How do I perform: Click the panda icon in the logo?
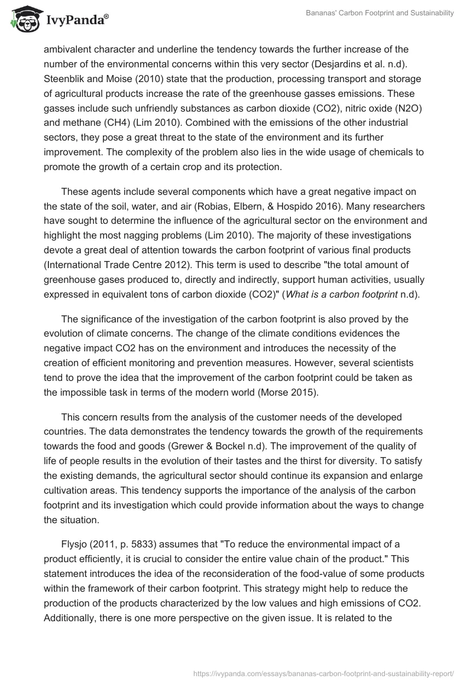coord(22,20)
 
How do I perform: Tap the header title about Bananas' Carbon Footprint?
coord(380,14)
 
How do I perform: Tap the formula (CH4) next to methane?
coord(124,125)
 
